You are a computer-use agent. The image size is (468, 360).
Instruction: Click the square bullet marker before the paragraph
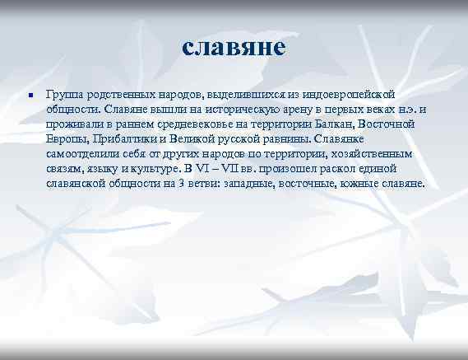[x=29, y=95]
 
